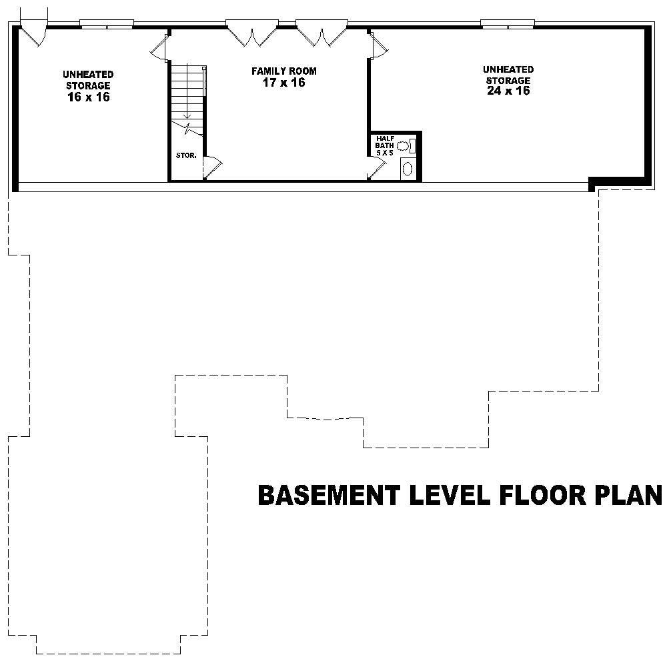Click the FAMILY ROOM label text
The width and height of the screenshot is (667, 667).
pyautogui.click(x=283, y=71)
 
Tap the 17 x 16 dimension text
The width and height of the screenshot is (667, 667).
pyautogui.click(x=283, y=83)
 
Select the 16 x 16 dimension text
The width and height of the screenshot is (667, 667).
pyautogui.click(x=89, y=97)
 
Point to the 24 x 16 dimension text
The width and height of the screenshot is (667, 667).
pyautogui.click(x=508, y=91)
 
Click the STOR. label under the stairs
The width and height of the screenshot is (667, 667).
pyautogui.click(x=185, y=155)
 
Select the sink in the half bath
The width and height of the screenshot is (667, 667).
pyautogui.click(x=408, y=168)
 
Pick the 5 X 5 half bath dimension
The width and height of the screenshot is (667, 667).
pyautogui.click(x=386, y=153)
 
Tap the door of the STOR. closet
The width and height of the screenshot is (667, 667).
pyautogui.click(x=213, y=167)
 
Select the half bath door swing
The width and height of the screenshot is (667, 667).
pyautogui.click(x=376, y=168)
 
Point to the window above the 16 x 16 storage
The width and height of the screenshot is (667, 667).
pyautogui.click(x=107, y=25)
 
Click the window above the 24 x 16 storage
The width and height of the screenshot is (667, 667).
pyautogui.click(x=508, y=25)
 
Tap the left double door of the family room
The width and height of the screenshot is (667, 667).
pyautogui.click(x=252, y=33)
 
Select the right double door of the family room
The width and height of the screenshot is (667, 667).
pyautogui.click(x=322, y=33)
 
